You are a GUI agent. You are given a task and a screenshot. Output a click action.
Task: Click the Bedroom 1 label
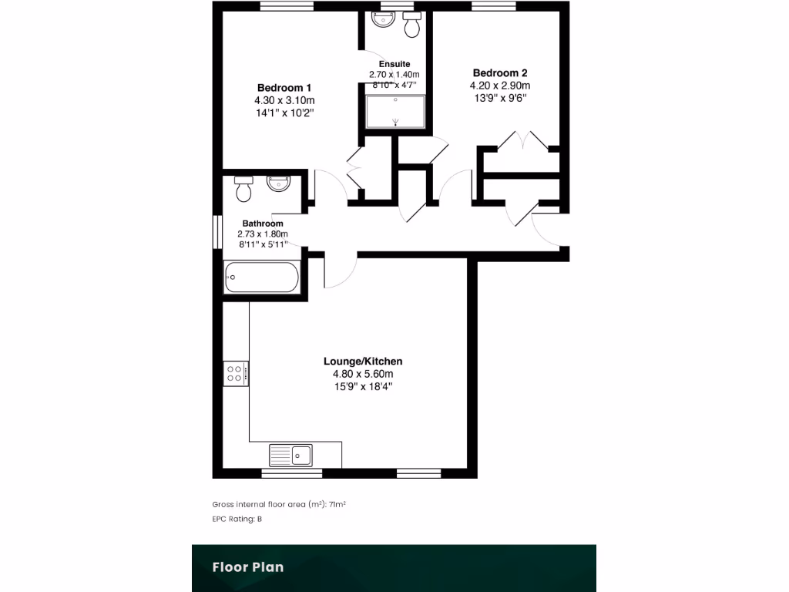(284, 88)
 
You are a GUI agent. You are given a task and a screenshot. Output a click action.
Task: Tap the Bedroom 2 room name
(500, 73)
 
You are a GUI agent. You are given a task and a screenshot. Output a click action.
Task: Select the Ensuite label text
(394, 64)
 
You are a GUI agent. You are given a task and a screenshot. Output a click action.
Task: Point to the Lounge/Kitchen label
(362, 362)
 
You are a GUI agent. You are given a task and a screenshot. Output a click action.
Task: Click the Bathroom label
(262, 224)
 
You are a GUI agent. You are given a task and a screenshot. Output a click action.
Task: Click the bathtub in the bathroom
(261, 277)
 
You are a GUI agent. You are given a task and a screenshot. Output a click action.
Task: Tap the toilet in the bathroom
(244, 188)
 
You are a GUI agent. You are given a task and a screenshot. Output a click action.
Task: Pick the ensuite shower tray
(395, 111)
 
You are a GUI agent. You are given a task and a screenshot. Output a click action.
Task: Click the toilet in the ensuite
(412, 25)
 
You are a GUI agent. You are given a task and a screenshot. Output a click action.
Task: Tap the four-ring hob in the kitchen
(236, 374)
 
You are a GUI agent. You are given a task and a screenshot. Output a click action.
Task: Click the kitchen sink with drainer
(290, 455)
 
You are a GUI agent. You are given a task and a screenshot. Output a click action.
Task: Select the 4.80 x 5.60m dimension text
(362, 375)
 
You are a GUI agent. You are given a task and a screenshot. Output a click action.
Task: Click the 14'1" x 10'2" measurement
(284, 113)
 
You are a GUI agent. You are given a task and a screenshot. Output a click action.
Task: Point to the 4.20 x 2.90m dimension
(500, 86)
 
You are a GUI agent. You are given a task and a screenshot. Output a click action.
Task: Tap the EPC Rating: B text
(237, 520)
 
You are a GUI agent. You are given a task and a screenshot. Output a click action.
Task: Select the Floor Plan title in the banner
(248, 567)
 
